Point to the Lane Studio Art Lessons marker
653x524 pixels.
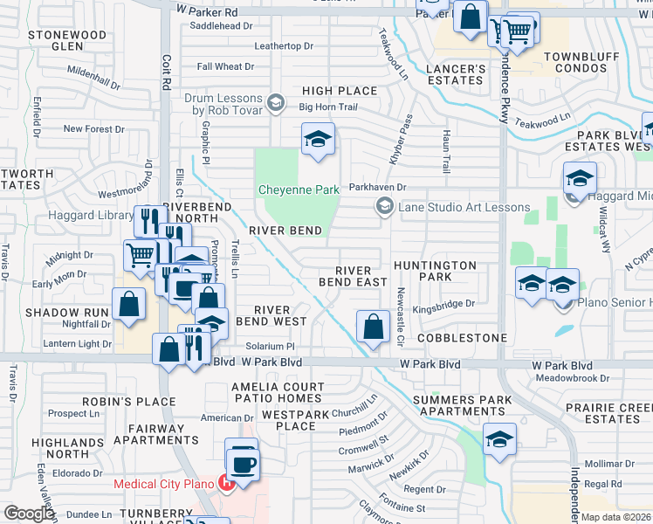coord(383,206)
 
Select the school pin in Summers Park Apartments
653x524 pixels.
coord(498,439)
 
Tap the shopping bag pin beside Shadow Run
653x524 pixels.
coord(128,305)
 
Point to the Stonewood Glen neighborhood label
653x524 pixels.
coord(67,40)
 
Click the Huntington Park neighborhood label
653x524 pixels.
coord(435,271)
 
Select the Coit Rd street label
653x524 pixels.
coord(166,71)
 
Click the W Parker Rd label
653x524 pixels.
coord(207,12)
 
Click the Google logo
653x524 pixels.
coord(29,514)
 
